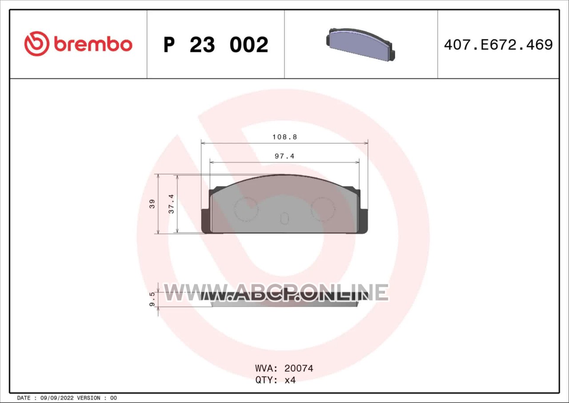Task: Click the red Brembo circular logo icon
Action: (37, 44)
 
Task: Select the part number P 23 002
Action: (216, 45)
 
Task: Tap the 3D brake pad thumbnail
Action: (361, 44)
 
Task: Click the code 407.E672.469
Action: (498, 45)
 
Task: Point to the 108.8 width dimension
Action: (284, 137)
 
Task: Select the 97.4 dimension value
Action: (284, 156)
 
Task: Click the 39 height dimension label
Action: (152, 204)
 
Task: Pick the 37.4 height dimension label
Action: (172, 204)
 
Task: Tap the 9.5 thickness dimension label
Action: (152, 299)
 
